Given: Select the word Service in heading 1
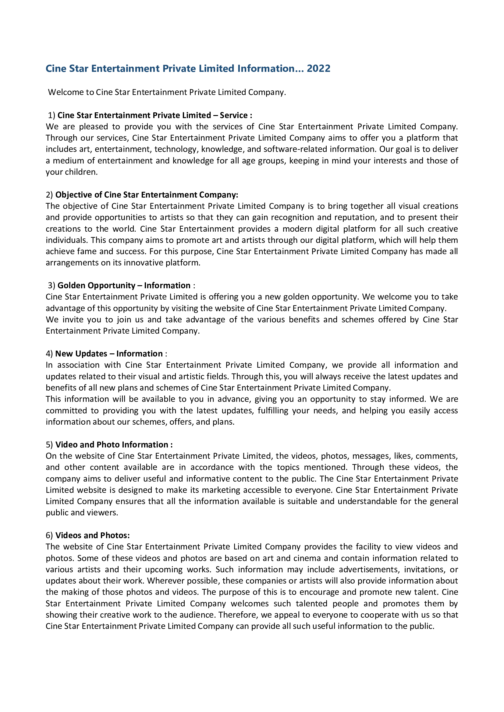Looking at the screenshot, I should [x=233, y=115].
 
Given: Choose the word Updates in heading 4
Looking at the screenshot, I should [x=91, y=354].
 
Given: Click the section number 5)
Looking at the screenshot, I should [x=49, y=445].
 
